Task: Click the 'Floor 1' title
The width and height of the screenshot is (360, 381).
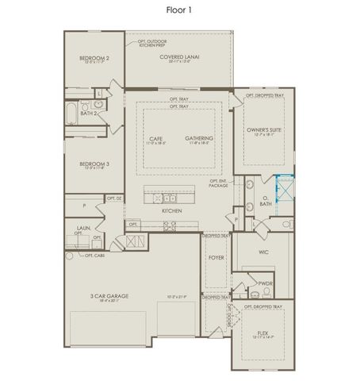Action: [x=180, y=10]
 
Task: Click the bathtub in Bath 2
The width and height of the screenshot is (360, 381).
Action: [x=71, y=114]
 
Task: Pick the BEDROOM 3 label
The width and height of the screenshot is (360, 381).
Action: [x=94, y=164]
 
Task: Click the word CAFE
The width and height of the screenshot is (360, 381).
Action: [x=156, y=138]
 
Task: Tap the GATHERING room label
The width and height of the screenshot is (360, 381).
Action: [x=200, y=138]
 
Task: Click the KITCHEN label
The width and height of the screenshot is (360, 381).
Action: [x=172, y=211]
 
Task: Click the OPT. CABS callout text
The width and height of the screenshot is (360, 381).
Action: [x=94, y=256]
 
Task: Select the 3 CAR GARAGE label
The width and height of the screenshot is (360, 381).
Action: [x=109, y=296]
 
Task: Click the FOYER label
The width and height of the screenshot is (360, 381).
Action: [x=216, y=258]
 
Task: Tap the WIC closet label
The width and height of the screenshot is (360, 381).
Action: [x=264, y=252]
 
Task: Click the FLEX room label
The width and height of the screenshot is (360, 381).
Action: [x=262, y=333]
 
